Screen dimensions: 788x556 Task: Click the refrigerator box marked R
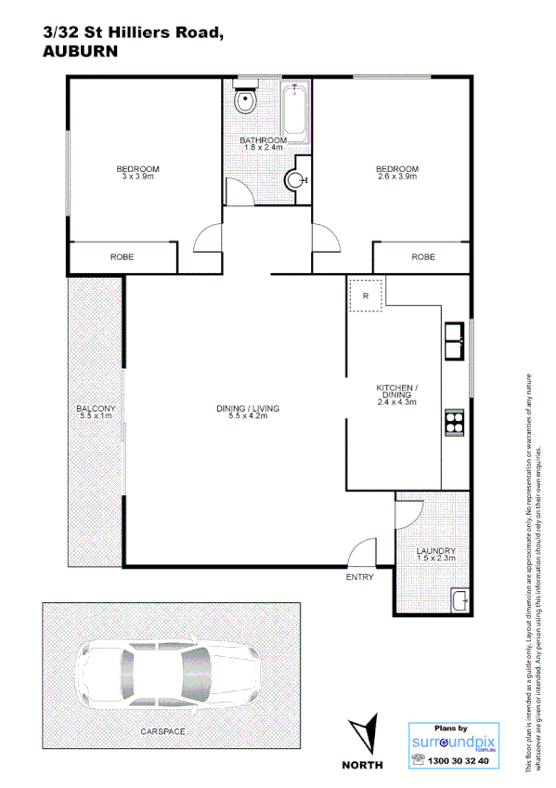pos(366,295)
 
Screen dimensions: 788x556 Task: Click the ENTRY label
pos(359,577)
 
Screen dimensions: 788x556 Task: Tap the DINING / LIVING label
pos(247,409)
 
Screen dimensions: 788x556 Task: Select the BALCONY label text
pos(96,409)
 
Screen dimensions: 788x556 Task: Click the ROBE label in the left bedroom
pos(123,256)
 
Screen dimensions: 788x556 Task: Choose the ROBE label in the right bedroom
pos(422,256)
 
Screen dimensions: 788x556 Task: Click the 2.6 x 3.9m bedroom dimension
pos(396,177)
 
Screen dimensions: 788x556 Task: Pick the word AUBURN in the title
pos(81,52)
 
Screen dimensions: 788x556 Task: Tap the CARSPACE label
pos(162,732)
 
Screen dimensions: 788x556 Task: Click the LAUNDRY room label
pos(434,550)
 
